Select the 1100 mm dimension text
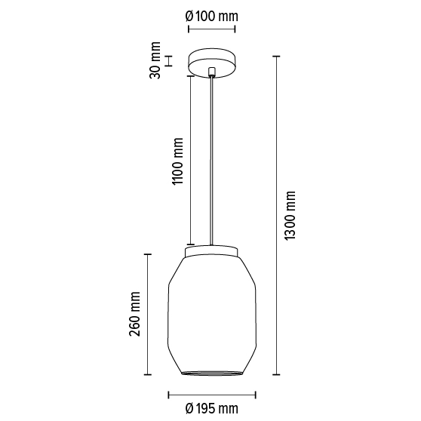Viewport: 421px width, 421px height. coord(178,161)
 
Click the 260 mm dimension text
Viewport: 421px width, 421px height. coord(135,313)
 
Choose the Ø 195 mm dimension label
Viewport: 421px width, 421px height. coord(212,408)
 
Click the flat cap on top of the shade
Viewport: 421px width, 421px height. coord(212,250)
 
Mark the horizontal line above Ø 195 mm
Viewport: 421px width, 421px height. coord(212,393)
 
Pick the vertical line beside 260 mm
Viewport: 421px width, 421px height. coord(148,313)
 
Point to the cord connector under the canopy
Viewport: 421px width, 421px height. coord(212,72)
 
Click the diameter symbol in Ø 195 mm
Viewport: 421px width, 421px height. coord(190,408)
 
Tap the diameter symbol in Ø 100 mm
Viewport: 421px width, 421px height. coord(190,16)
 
